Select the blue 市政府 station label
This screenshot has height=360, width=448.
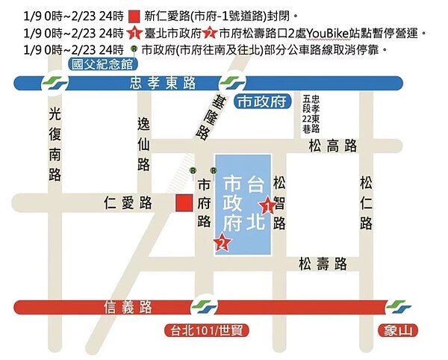tap(261, 102)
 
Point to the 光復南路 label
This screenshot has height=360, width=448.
tap(54, 144)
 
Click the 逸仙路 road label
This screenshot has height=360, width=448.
tap(143, 143)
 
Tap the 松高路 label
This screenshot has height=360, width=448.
tap(332, 147)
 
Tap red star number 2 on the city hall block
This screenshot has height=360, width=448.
tap(221, 241)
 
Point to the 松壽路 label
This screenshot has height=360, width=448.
tap(322, 263)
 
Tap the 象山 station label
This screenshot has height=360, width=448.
tap(397, 330)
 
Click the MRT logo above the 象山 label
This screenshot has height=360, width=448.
tap(398, 306)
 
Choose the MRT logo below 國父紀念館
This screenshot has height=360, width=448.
tap(53, 82)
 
